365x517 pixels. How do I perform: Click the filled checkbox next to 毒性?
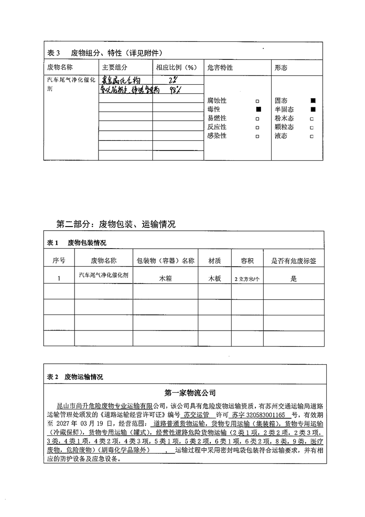click(x=258, y=110)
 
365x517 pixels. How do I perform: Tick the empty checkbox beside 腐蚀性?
click(x=257, y=101)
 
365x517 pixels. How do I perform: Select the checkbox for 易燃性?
click(x=257, y=118)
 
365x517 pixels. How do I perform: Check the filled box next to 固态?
click(x=313, y=100)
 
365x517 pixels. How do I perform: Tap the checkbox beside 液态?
click(x=312, y=136)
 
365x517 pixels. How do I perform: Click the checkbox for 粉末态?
click(x=312, y=119)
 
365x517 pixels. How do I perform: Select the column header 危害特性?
click(x=220, y=68)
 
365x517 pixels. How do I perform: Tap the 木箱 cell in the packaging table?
click(x=165, y=279)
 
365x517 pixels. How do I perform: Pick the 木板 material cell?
click(x=214, y=279)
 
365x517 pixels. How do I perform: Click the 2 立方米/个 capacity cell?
click(x=247, y=279)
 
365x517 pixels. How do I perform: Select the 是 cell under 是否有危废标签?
click(x=294, y=279)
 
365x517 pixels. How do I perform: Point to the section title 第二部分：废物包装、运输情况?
click(x=116, y=225)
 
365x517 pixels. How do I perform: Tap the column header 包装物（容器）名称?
click(x=166, y=261)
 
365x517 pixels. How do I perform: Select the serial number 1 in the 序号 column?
click(x=59, y=279)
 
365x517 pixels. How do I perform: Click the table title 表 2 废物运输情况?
click(x=75, y=377)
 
